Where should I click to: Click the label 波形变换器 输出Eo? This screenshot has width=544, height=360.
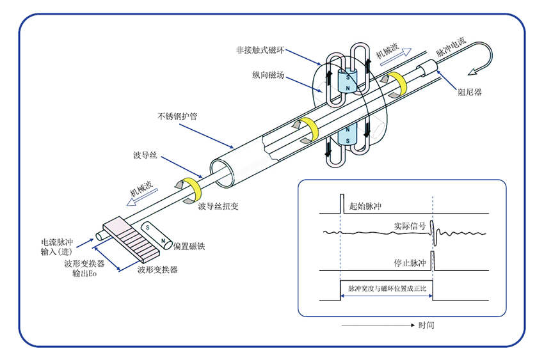click(x=83, y=269)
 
